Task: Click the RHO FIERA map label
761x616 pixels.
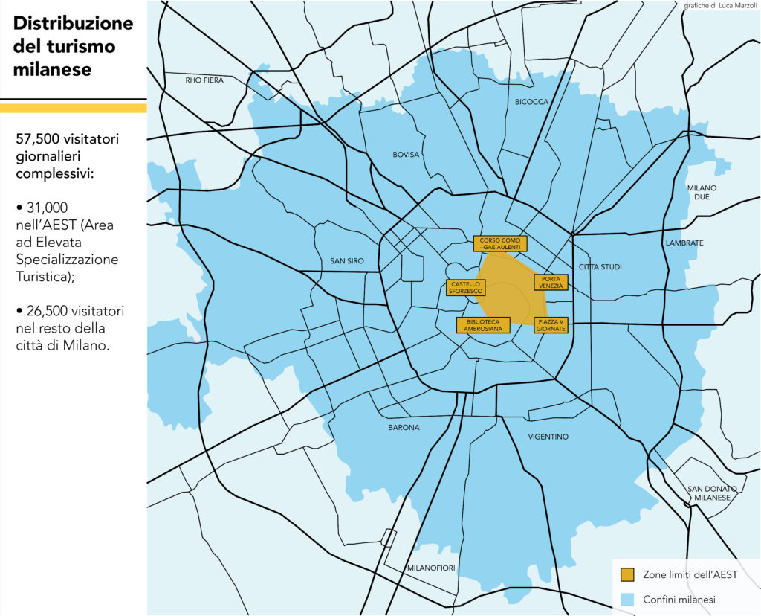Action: [204, 80]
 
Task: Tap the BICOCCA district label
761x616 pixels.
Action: [531, 102]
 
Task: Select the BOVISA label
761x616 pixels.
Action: [406, 155]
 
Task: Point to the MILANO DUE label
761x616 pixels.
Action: [702, 192]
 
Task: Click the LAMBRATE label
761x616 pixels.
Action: [684, 243]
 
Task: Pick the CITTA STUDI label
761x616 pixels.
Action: [600, 266]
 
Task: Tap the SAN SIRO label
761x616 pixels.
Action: [346, 261]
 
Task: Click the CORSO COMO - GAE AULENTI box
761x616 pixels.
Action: [500, 243]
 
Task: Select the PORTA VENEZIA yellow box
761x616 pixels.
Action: [551, 282]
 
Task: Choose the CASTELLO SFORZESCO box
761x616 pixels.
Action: [466, 288]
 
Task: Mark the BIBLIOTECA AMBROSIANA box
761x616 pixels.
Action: [483, 325]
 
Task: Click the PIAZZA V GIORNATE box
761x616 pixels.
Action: [551, 325]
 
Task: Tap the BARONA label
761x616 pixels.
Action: [404, 428]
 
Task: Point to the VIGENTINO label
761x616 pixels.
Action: [548, 437]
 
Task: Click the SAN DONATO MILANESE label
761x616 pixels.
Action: [711, 493]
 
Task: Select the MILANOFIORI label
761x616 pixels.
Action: [431, 568]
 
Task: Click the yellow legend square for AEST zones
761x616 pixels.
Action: [626, 575]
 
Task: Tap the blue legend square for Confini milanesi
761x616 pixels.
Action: [626, 599]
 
